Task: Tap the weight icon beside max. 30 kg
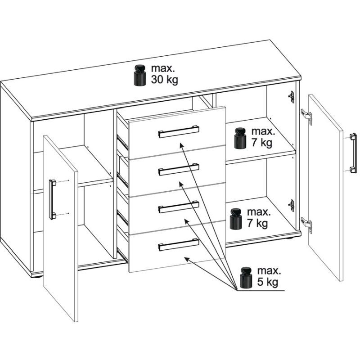coord(140,75)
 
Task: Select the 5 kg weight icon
coord(246,277)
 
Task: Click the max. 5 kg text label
coord(269,276)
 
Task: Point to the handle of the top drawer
coord(179,131)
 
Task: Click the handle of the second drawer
coord(179,169)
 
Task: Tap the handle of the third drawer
coord(179,207)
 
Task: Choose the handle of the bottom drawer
coord(179,244)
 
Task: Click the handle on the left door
coord(52,199)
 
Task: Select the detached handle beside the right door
coord(353,153)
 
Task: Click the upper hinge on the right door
coord(306,117)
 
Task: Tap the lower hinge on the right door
coord(306,225)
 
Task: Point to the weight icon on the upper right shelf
coord(240,138)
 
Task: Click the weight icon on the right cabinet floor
coord(236,219)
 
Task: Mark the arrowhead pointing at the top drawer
coord(182,145)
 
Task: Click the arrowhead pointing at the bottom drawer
coord(187,259)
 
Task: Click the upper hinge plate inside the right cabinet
coord(291,97)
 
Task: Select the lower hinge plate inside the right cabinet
coord(291,205)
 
